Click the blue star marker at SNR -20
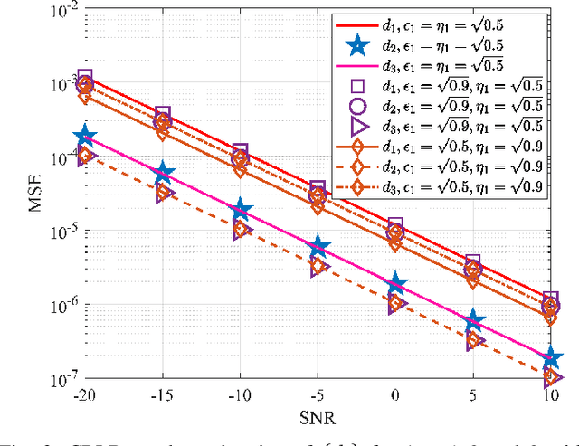[x=85, y=137]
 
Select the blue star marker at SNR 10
[x=550, y=359]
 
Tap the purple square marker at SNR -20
[x=85, y=79]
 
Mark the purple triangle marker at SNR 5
[x=474, y=342]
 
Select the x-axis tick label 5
[x=473, y=394]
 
